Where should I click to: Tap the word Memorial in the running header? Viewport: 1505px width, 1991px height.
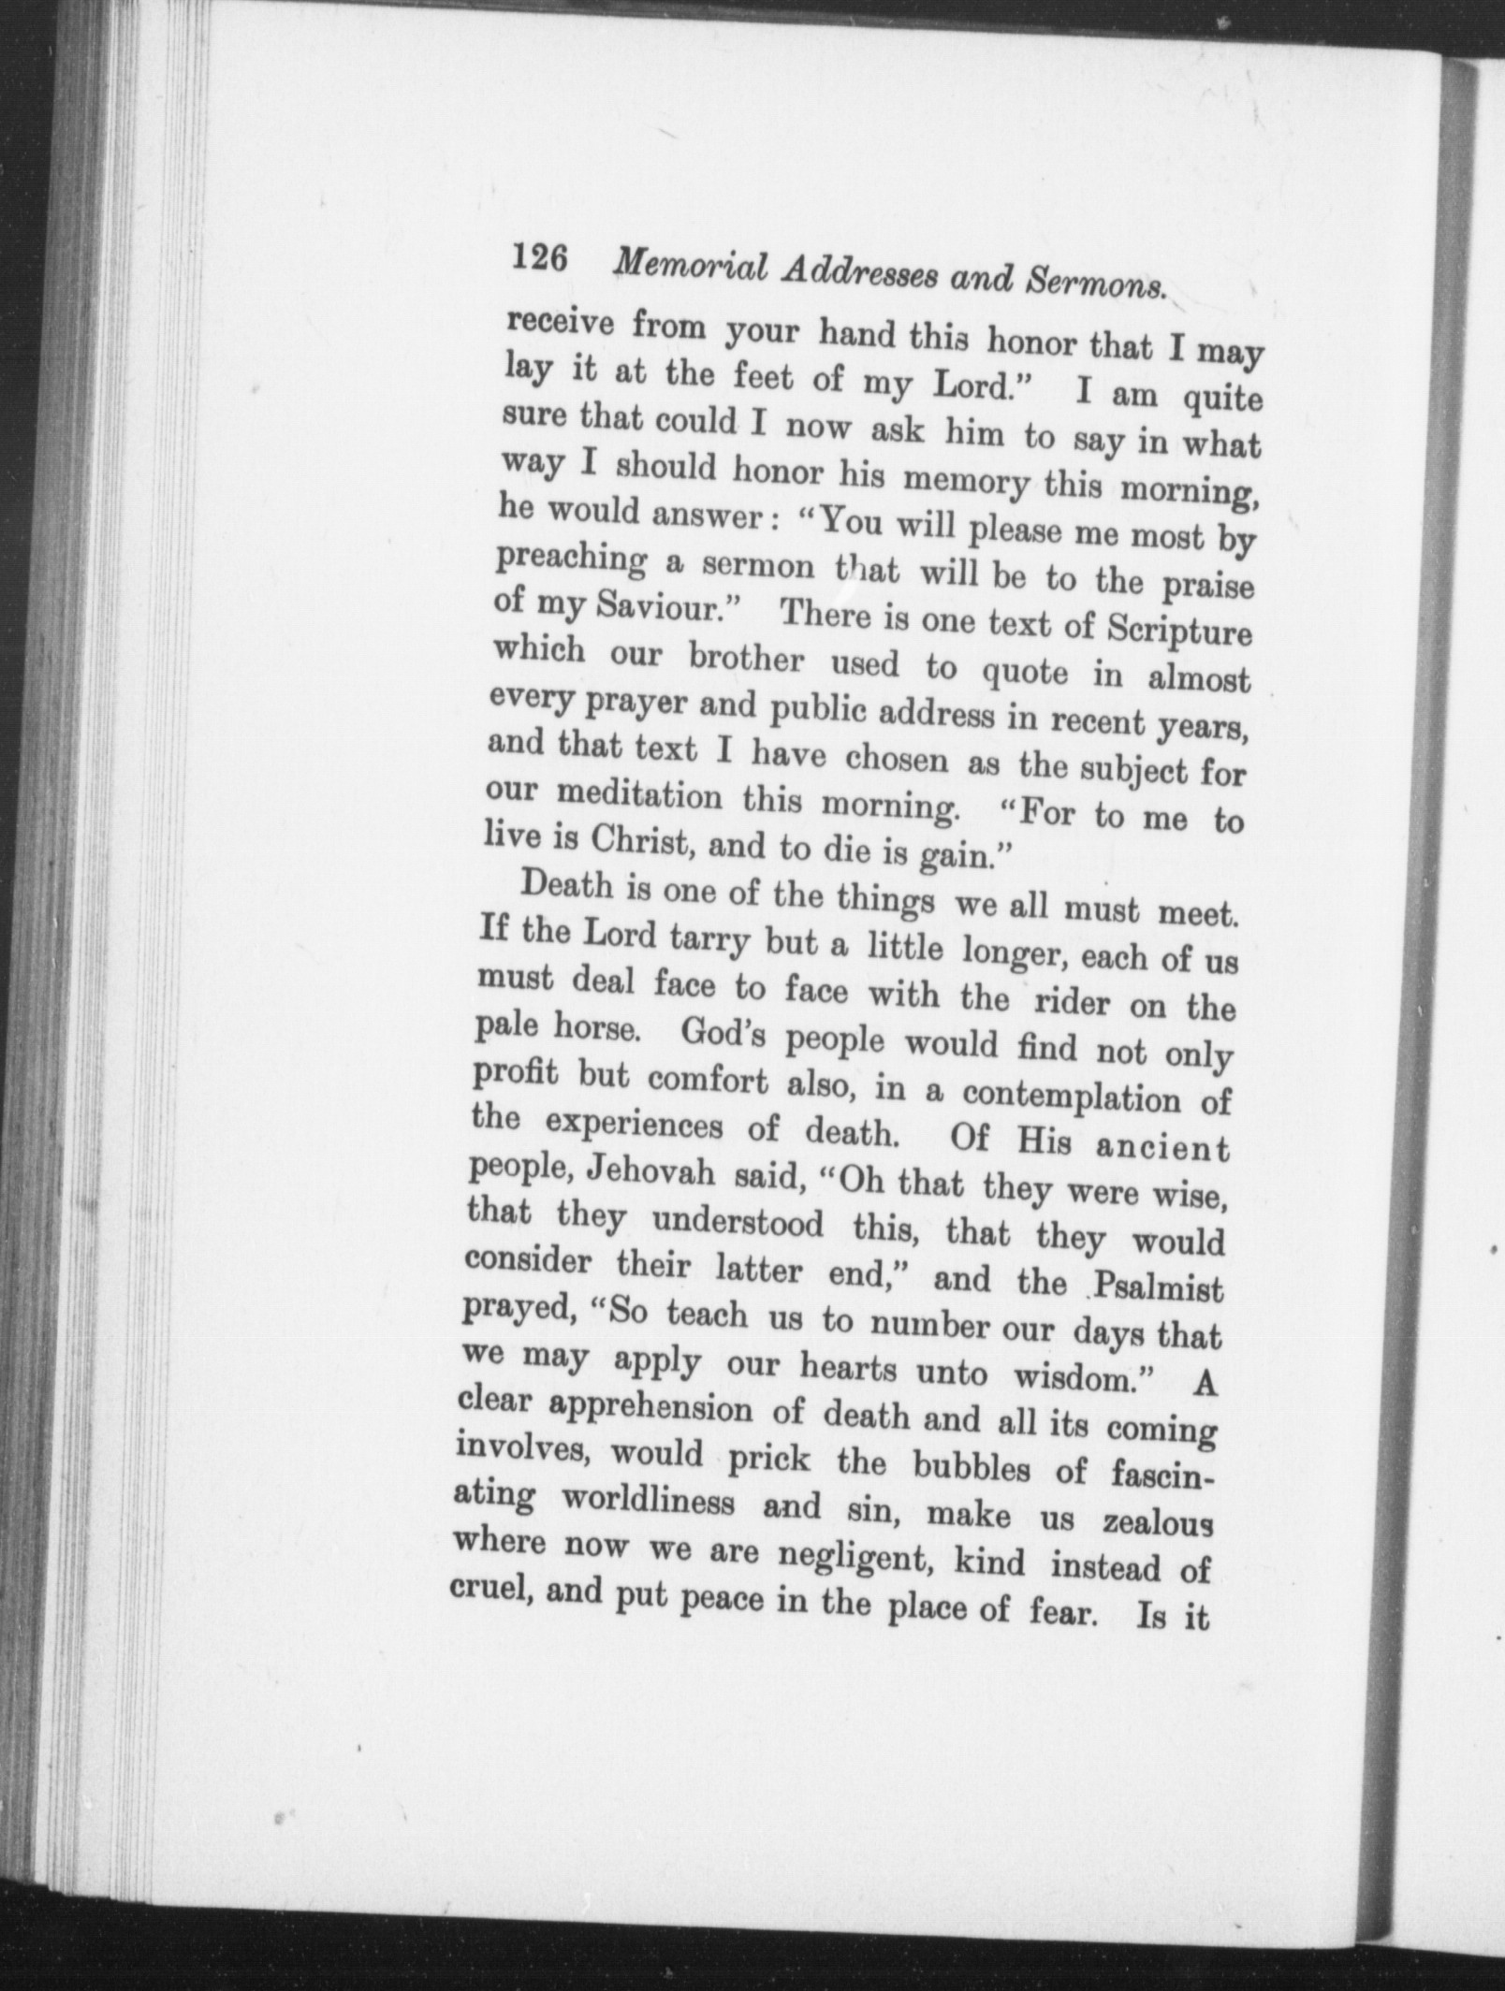(x=690, y=268)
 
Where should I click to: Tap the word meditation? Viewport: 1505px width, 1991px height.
(x=639, y=798)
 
